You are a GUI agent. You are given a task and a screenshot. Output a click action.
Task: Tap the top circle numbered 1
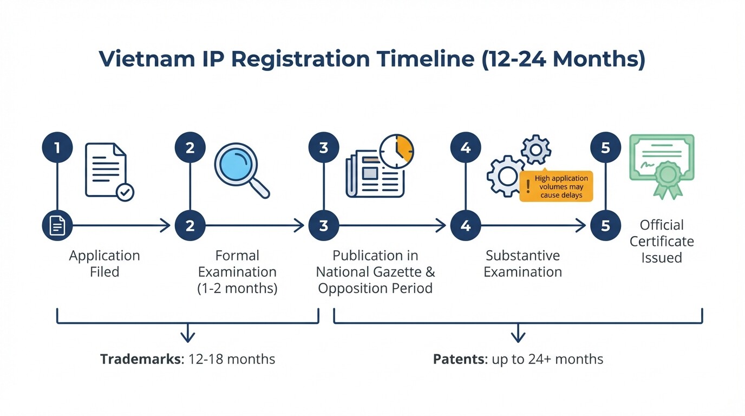[57, 147]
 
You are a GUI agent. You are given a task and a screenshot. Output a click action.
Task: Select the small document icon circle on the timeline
[57, 225]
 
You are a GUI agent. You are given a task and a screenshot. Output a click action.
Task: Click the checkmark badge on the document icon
[126, 192]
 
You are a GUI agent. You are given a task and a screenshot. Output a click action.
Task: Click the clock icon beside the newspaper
[396, 151]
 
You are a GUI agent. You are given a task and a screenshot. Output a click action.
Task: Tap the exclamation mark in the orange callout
[528, 187]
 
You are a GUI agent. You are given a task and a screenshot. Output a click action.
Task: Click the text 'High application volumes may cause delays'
[561, 187]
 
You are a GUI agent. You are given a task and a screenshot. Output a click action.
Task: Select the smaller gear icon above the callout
[536, 149]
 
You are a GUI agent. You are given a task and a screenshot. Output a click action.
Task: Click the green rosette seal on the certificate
[667, 177]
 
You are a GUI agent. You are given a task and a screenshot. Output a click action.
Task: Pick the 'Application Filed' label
[104, 263]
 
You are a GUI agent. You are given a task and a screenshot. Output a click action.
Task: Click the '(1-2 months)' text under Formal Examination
[237, 288]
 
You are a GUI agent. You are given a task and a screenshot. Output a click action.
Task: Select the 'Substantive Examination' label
[522, 263]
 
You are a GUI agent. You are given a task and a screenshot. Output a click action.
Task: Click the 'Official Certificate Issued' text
[662, 241]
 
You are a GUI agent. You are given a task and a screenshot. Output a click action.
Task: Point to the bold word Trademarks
[140, 359]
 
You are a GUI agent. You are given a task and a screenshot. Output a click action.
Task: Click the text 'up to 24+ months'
[547, 359]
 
